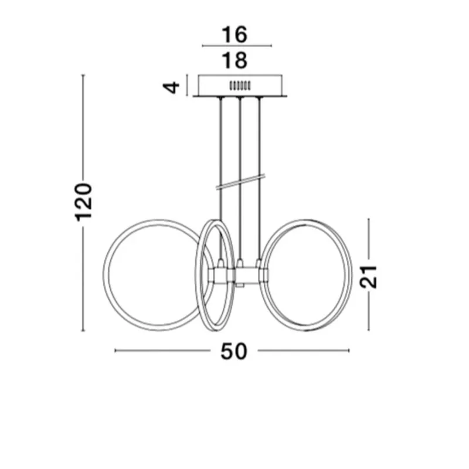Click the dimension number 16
coord(235,34)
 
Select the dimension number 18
coord(235,60)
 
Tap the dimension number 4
coord(171,87)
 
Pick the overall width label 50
coord(235,351)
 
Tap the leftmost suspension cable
coord(221,147)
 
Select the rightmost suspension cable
coord(259,147)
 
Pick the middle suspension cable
coord(240,147)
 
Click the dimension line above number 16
coord(237,45)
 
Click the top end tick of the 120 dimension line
coord(84,76)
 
